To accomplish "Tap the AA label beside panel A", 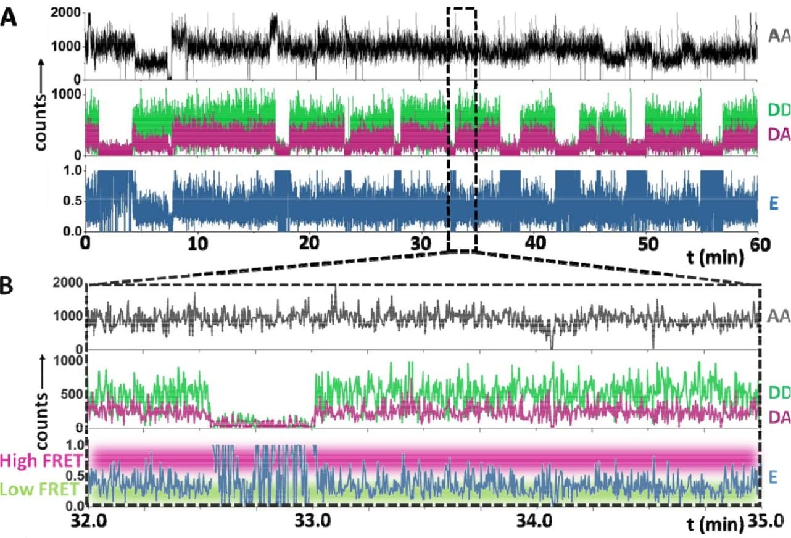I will click(779, 36).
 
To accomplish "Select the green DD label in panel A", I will click(779, 110).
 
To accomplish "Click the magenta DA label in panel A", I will click(779, 132).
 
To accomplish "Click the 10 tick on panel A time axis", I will click(197, 244).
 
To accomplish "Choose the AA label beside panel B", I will click(779, 317).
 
